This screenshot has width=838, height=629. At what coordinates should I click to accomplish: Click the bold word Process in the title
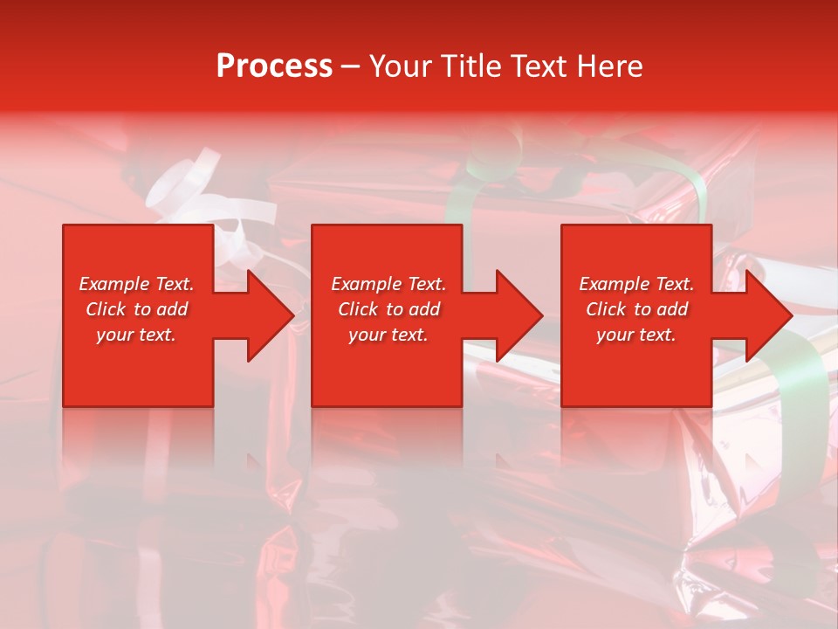[x=274, y=66]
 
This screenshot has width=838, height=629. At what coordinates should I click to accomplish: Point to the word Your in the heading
[x=402, y=66]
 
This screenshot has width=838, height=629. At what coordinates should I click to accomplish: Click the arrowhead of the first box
[x=267, y=315]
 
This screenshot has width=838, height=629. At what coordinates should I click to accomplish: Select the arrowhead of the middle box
[x=516, y=315]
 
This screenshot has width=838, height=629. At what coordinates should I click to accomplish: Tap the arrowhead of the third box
[x=766, y=315]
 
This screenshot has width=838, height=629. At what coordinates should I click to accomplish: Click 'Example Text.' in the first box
[x=136, y=284]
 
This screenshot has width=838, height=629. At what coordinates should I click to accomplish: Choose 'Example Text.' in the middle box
[x=388, y=284]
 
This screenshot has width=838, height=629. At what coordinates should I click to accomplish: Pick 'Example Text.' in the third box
[x=636, y=284]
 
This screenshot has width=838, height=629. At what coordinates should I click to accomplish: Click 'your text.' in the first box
[x=136, y=335]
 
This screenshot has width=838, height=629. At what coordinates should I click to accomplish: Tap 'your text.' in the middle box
[x=388, y=335]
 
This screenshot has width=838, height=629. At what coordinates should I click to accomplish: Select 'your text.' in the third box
[x=636, y=335]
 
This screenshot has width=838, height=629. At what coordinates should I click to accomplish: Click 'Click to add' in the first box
[x=136, y=309]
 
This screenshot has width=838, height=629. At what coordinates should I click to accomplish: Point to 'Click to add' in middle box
[x=388, y=309]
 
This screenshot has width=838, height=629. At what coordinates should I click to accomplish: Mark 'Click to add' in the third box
[x=636, y=309]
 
